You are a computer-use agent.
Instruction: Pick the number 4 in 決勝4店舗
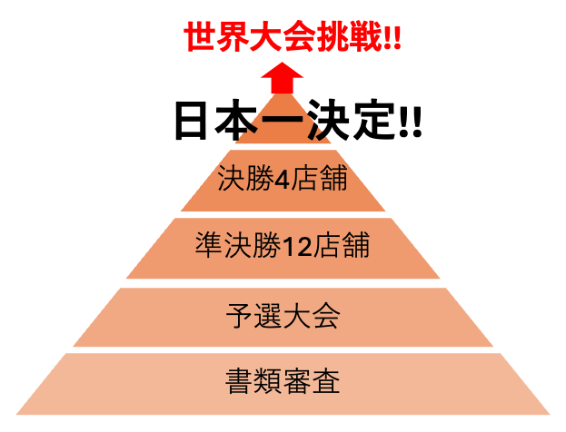click(282, 180)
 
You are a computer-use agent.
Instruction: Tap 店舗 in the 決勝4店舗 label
click(319, 179)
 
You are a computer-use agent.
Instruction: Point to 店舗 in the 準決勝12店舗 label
click(341, 245)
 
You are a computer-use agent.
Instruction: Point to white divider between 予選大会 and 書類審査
click(283, 350)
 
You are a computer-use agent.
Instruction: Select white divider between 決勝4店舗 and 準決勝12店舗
click(283, 214)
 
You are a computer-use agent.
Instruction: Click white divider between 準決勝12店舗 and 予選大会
click(283, 283)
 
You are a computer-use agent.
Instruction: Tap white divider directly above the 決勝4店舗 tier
click(283, 148)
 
